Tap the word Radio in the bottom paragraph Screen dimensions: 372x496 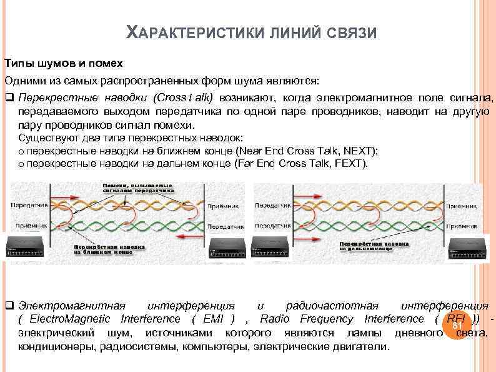coord(275,319)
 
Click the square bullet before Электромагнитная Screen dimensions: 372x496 coord(9,306)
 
